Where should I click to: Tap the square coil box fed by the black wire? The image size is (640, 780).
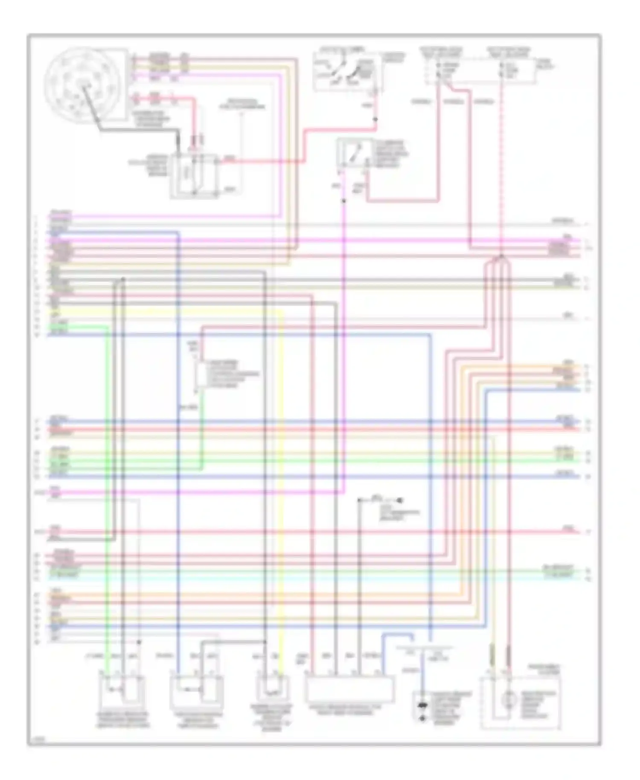click(194, 176)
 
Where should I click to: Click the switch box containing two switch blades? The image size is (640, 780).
click(346, 72)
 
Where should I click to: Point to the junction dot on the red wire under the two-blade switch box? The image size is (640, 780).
click(375, 119)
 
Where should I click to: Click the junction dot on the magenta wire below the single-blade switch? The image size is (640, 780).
click(344, 201)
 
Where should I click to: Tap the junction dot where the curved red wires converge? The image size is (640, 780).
click(502, 256)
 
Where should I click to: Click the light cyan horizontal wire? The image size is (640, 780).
click(299, 577)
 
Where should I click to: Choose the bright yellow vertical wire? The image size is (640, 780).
click(282, 469)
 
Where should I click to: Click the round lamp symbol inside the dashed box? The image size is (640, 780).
click(507, 700)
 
